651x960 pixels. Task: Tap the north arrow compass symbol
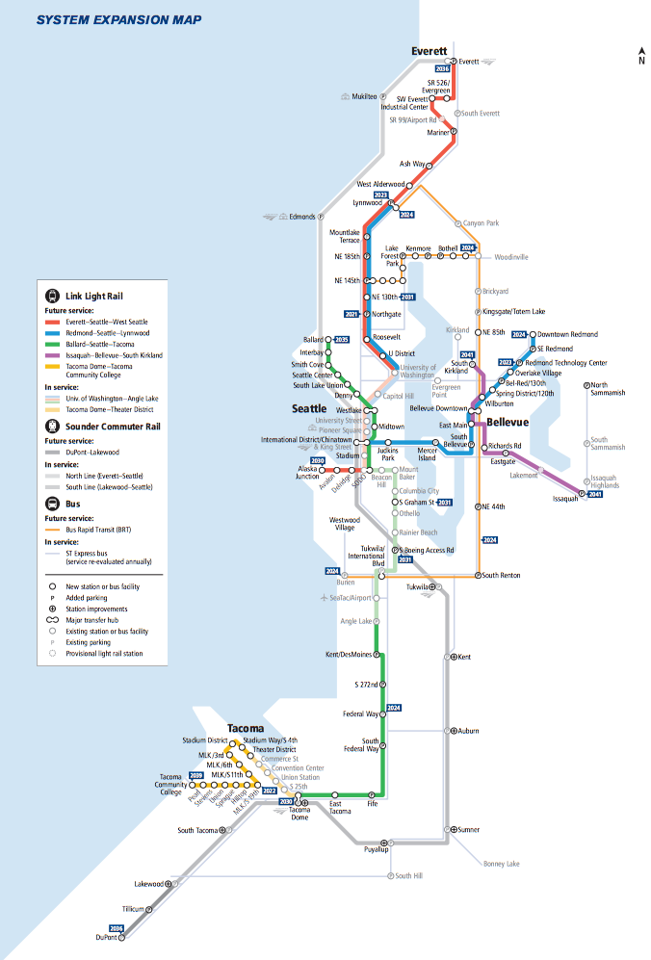[x=641, y=56]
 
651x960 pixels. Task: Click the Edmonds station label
[x=301, y=217]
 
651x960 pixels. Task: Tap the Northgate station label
[x=385, y=314]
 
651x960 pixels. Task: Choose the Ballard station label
[x=313, y=340]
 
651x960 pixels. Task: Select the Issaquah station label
[x=565, y=499]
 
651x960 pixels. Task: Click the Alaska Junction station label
[x=307, y=472]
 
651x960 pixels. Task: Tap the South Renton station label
[x=501, y=575]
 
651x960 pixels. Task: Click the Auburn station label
[x=468, y=731]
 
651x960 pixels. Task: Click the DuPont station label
[x=106, y=937]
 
